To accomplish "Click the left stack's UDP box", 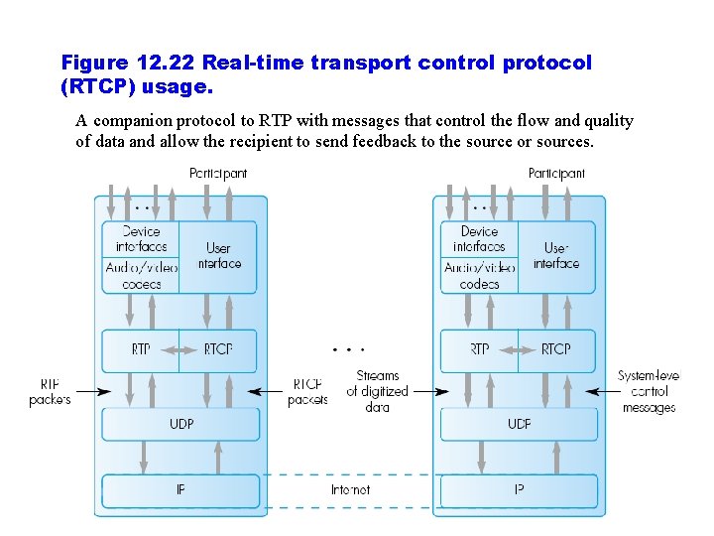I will [180, 425].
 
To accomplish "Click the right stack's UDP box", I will [519, 425].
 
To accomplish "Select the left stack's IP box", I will [180, 490].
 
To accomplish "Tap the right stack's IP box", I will [519, 490].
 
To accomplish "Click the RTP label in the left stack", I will [141, 349].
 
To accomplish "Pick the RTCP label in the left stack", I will [218, 349].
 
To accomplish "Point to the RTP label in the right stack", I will [479, 349].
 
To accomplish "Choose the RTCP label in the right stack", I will [556, 349].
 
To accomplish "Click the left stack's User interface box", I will [218, 256].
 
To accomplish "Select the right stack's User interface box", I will [556, 256].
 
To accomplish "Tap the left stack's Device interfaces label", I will [141, 239].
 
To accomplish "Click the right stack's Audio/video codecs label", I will [479, 276].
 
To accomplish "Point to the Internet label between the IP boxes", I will [350, 490].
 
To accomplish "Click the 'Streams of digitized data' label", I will [377, 391].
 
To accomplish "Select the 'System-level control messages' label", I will [649, 392].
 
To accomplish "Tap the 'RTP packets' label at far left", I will [50, 392].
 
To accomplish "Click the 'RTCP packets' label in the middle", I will [307, 392].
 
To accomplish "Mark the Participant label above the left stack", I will [218, 174].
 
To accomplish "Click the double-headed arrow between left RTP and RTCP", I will [179, 349].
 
